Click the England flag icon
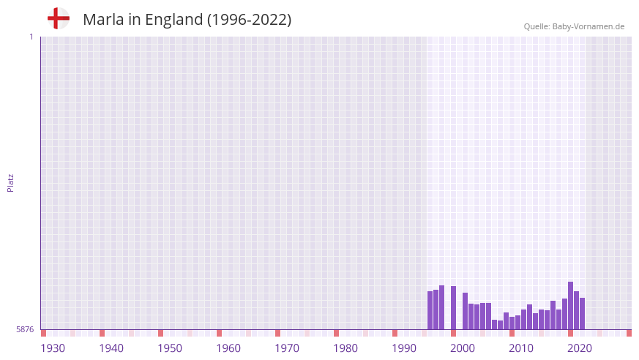58,18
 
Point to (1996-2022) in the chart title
249,20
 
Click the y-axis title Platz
10,182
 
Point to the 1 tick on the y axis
31,37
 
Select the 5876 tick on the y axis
25,329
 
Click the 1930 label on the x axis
53,348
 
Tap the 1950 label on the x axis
170,348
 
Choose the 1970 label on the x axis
287,348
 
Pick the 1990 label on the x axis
404,348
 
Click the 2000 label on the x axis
463,348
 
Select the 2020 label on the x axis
580,348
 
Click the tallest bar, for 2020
570,306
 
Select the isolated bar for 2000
453,308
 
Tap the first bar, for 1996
430,310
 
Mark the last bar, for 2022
582,314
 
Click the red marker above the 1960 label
219,333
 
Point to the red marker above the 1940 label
102,333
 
